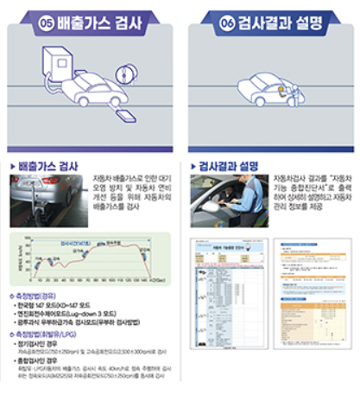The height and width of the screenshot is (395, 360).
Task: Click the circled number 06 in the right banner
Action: coord(227,20)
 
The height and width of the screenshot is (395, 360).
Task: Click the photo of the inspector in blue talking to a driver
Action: coord(226,197)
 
